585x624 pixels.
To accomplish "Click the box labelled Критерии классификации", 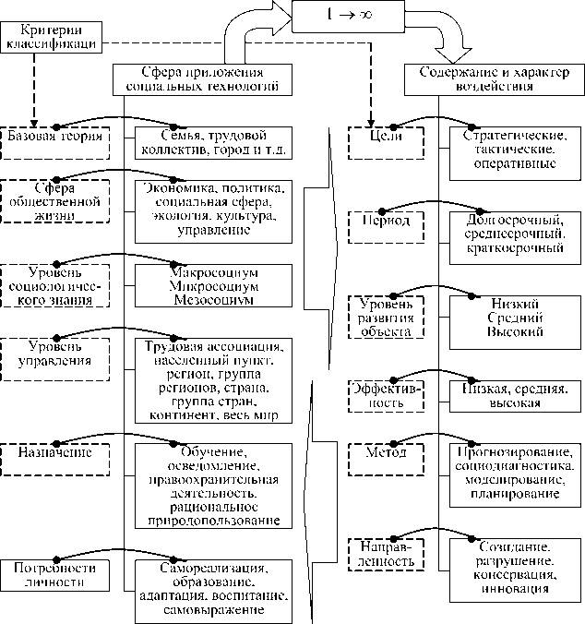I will pyautogui.click(x=52, y=36).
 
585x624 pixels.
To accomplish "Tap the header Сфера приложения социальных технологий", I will pyautogui.click(x=197, y=78).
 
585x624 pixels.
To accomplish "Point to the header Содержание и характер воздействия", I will pyautogui.click(x=488, y=78).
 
